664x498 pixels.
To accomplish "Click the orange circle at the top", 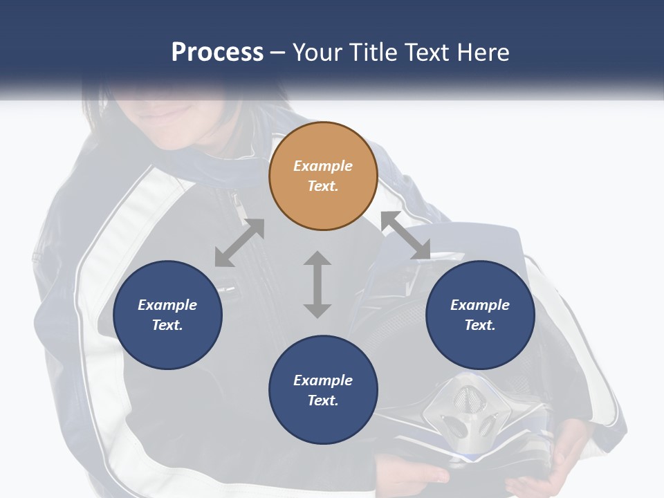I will [x=323, y=176].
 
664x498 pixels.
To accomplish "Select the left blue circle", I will [x=167, y=315].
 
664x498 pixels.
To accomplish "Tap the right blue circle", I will [x=480, y=315].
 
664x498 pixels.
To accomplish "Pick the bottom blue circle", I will [x=323, y=391].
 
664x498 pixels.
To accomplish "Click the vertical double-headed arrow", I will [x=317, y=284].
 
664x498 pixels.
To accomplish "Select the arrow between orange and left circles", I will [x=239, y=243].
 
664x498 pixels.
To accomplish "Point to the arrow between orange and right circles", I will [x=406, y=236].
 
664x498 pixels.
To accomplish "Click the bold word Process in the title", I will [x=217, y=53].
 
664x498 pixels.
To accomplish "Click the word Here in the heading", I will [x=482, y=53].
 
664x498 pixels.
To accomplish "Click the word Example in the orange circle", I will [x=323, y=166].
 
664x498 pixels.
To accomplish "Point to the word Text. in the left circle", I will [x=167, y=325].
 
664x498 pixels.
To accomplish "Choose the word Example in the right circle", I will [x=480, y=305].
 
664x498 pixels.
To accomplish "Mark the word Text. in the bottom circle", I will [x=323, y=400].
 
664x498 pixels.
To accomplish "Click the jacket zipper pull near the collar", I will [x=237, y=202].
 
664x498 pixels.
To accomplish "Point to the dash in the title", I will [x=278, y=53].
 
